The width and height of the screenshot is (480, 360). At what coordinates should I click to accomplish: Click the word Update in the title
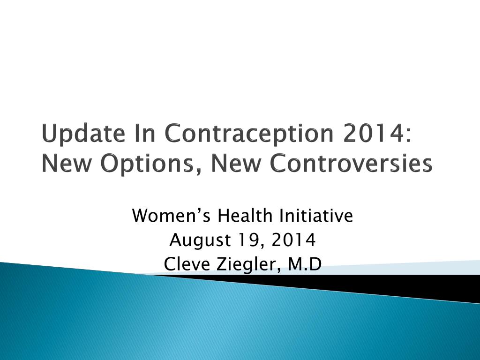83,134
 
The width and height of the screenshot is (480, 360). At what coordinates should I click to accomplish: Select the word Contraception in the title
249,134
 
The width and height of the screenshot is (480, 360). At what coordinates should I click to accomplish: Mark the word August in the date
200,240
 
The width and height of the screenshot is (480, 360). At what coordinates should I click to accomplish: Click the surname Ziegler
248,264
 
